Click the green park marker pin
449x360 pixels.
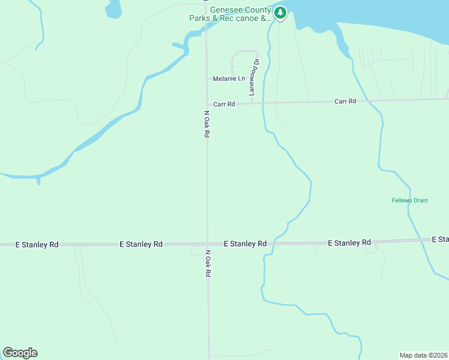tap(280, 13)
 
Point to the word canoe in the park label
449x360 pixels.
tap(247, 19)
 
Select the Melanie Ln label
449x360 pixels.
tap(229, 79)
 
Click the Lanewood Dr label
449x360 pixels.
tap(255, 77)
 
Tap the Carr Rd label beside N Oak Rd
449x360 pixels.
tap(223, 104)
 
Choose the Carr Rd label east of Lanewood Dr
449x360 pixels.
tap(345, 101)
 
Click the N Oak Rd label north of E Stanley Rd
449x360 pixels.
tap(206, 124)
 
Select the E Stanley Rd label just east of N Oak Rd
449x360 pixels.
tap(245, 244)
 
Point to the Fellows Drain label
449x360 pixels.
tap(409, 200)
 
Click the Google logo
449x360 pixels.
tap(20, 353)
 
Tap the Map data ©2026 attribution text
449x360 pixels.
tap(424, 355)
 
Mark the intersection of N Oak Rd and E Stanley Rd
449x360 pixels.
tap(207, 244)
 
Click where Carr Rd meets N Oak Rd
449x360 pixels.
tap(206, 104)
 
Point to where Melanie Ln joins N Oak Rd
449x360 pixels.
tap(206, 79)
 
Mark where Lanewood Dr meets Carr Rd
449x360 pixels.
tap(251, 103)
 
